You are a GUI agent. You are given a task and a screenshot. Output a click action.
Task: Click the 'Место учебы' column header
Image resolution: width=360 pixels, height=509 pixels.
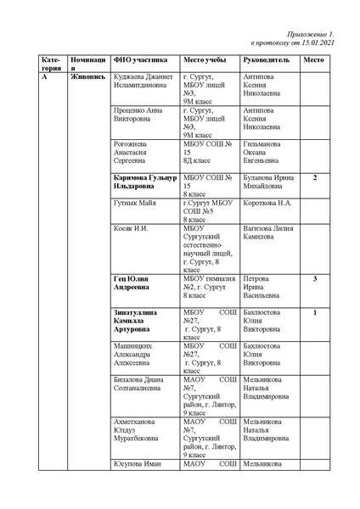pos(205,61)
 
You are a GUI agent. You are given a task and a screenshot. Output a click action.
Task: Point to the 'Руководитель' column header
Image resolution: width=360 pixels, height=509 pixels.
pos(267,61)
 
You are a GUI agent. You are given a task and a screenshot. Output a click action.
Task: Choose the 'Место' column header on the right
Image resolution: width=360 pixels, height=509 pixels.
pos(314,61)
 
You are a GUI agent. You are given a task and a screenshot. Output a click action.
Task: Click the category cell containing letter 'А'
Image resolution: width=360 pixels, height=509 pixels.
pos(43,77)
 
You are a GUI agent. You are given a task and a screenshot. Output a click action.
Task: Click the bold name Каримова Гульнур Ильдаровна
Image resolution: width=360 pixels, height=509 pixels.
pos(145,182)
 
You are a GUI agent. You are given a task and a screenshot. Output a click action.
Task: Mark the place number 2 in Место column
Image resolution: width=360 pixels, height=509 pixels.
pos(315,177)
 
